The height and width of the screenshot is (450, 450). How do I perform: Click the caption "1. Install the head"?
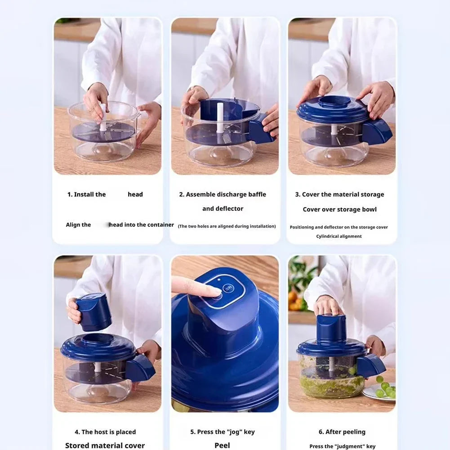[x=105, y=195]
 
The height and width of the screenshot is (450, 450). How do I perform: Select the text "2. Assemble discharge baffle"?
[x=223, y=195]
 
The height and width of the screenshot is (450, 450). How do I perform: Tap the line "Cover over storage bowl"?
[x=339, y=209]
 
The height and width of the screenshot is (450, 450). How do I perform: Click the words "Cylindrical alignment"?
[x=339, y=236]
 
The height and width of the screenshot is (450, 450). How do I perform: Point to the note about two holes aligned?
[x=227, y=226]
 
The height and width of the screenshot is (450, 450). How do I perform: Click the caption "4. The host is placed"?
[x=105, y=432]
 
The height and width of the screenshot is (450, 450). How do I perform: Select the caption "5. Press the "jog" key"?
[x=223, y=432]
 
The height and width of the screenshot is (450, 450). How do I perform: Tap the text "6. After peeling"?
[x=342, y=432]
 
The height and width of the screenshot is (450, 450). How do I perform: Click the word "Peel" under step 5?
[x=222, y=445]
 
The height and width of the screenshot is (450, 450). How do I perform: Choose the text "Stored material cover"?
[x=105, y=446]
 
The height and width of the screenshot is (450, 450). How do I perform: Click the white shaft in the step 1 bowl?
[x=102, y=117]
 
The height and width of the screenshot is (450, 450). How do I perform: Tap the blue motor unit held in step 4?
[x=93, y=311]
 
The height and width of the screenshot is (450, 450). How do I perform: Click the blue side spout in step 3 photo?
[x=377, y=132]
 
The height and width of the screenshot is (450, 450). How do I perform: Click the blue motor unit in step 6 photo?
[x=331, y=328]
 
